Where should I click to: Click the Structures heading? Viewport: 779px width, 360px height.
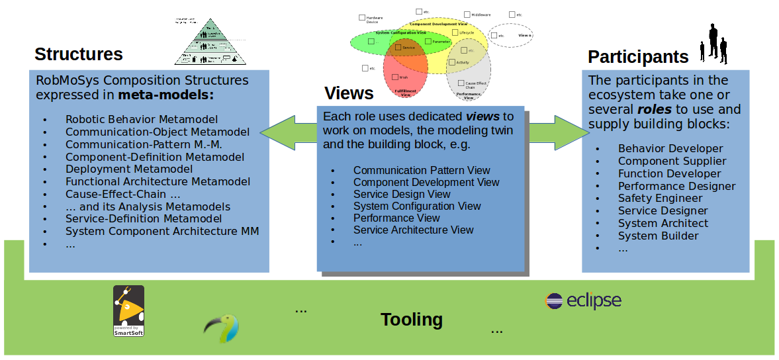(79, 54)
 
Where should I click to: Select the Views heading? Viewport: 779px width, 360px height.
(349, 93)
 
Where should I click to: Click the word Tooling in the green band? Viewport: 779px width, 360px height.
(412, 320)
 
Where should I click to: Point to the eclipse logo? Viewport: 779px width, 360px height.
(583, 300)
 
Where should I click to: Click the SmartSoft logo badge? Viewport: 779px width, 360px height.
(128, 310)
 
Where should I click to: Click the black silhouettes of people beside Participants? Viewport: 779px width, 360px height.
(715, 44)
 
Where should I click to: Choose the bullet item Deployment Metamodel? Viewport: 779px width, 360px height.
(128, 169)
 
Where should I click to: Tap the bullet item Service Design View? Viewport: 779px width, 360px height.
(402, 195)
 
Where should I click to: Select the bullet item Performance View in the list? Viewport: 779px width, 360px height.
(396, 218)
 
